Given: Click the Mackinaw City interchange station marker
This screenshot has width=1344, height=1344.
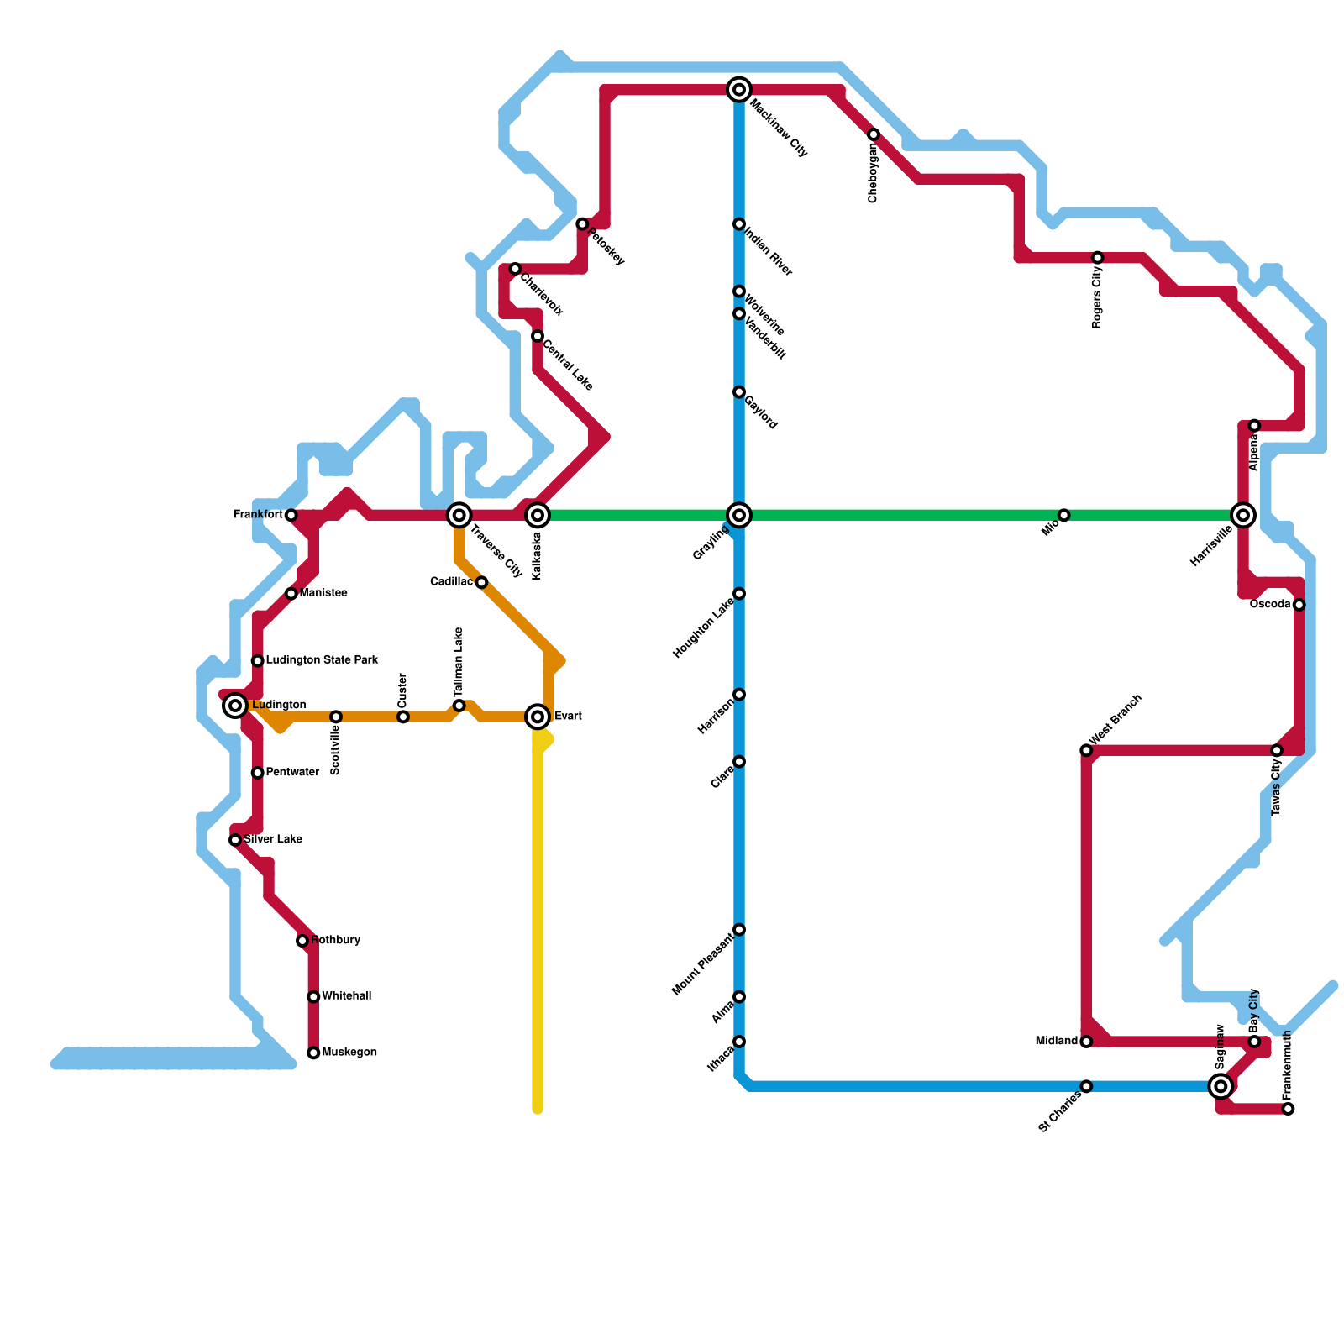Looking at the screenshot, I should tap(739, 89).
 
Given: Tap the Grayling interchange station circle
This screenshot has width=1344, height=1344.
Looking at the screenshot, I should tap(739, 515).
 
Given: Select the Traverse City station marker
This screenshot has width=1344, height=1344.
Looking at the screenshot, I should tap(459, 515).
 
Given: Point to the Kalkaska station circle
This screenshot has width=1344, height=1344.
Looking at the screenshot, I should tap(538, 515).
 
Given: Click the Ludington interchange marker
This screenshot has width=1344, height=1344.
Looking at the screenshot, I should tap(236, 706).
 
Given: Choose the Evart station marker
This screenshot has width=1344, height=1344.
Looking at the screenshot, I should tap(538, 717).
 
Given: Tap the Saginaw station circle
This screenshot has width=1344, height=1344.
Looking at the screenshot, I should tap(1221, 1086).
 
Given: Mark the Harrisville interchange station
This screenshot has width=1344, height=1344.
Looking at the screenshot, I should tap(1243, 515).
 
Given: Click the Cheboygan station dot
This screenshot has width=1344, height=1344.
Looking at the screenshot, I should tap(874, 134).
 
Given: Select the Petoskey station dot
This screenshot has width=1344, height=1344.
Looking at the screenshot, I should tap(582, 224).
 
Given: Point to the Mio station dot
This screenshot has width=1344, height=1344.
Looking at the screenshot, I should tap(1063, 515).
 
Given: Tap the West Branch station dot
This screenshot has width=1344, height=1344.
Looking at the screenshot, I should tap(1086, 750).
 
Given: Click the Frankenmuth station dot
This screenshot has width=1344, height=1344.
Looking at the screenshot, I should tap(1288, 1109).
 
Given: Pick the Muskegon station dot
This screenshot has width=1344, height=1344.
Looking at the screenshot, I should tap(313, 1053).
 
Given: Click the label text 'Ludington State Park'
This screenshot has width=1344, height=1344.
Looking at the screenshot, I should tap(322, 660).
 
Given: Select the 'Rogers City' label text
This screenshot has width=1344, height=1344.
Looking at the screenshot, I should tap(1097, 298).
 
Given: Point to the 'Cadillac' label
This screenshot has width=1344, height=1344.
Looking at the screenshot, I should tap(451, 582).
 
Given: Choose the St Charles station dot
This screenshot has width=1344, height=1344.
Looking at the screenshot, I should tap(1086, 1086).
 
